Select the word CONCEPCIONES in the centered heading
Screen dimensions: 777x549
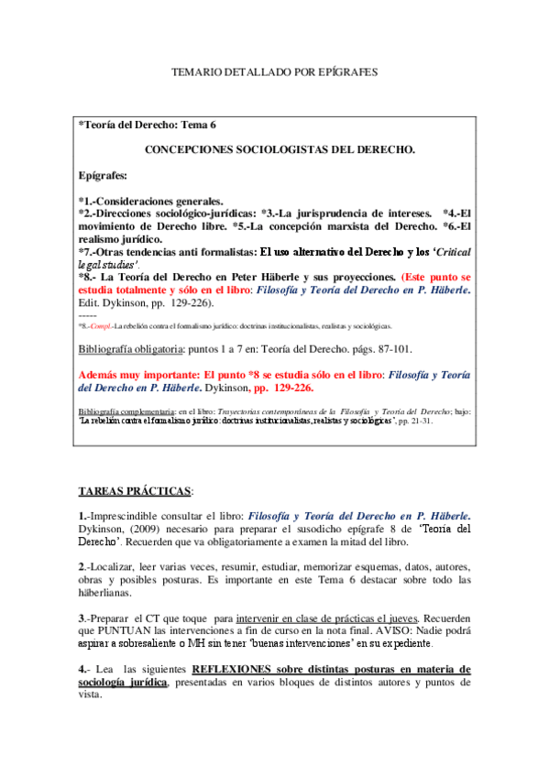189,148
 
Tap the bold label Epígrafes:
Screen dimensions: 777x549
104,173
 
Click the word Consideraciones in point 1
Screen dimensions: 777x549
137,200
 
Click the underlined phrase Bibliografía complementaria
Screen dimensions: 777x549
126,412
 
